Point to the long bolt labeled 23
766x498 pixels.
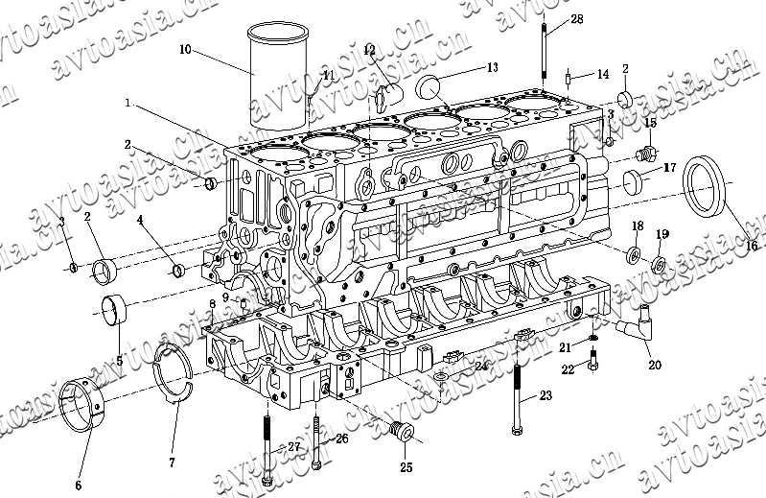[x=519, y=384]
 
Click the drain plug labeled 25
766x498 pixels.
[x=401, y=436]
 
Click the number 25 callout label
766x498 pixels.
[x=406, y=467]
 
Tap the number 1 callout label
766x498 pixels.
[x=128, y=102]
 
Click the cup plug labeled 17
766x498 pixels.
[x=633, y=179]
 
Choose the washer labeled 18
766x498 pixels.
[x=634, y=255]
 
